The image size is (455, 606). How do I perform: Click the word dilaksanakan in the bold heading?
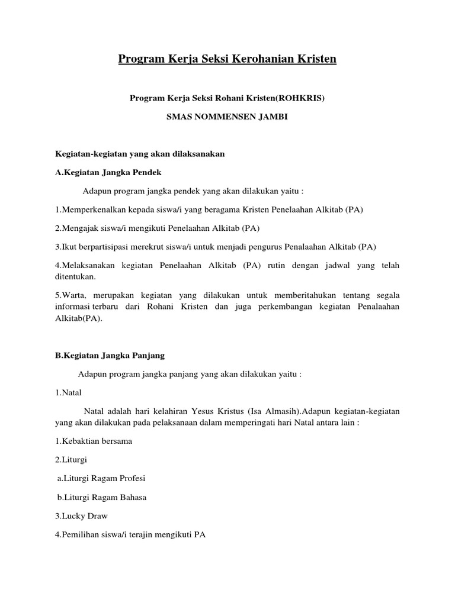coord(190,154)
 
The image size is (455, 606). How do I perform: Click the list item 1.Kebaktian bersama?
coord(94,441)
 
